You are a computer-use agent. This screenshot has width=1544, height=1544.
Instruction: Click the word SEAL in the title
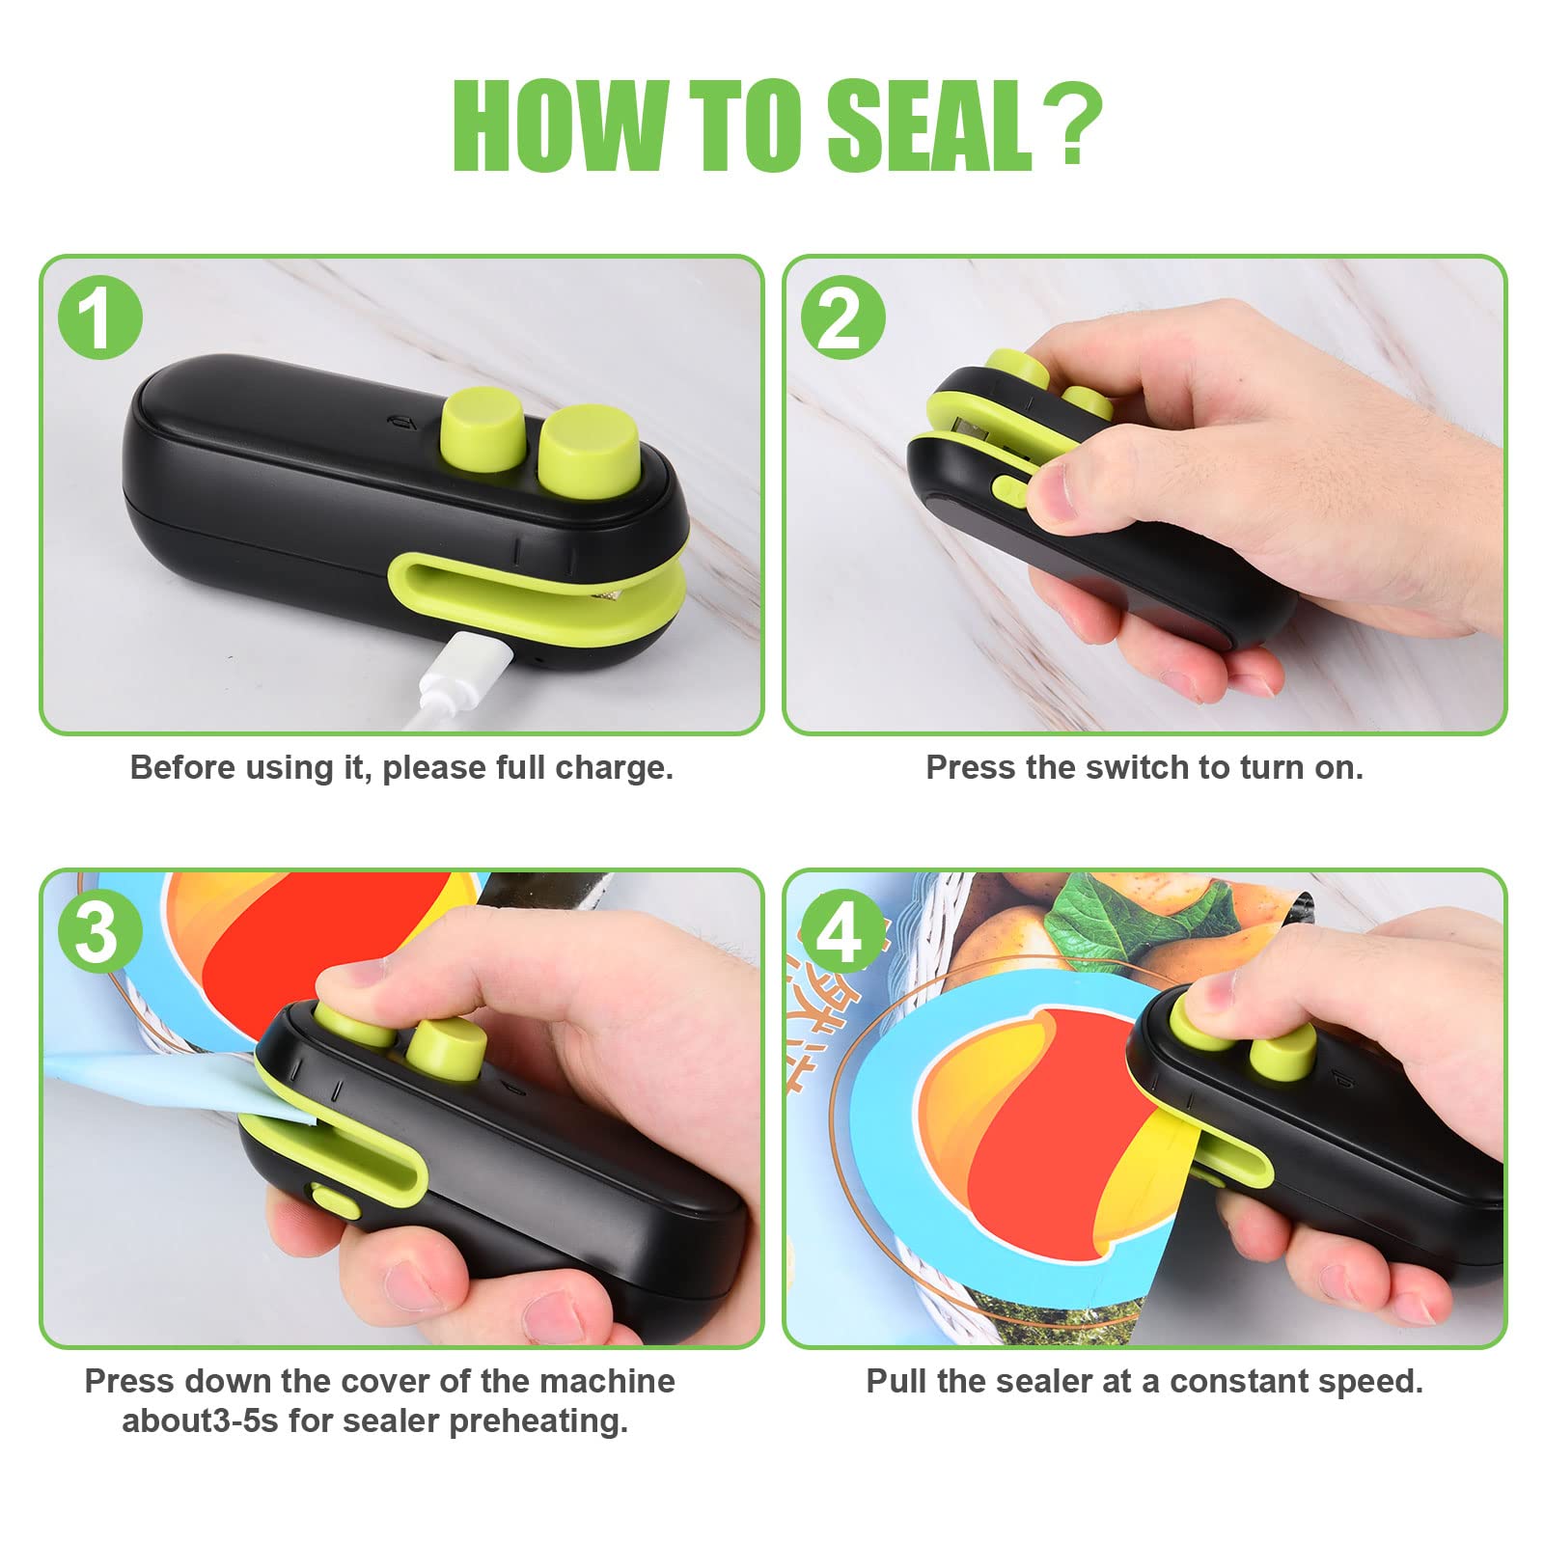click(x=929, y=125)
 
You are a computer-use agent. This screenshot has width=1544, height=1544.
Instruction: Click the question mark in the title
click(x=1071, y=125)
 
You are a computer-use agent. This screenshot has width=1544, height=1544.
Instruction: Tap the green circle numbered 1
click(x=99, y=317)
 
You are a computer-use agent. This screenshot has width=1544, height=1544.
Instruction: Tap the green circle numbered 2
click(x=842, y=317)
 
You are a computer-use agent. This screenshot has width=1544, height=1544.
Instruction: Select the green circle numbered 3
click(x=99, y=932)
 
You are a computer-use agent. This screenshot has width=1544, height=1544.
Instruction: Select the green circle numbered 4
click(x=842, y=932)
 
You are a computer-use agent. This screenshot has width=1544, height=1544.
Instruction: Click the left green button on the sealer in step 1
click(x=482, y=427)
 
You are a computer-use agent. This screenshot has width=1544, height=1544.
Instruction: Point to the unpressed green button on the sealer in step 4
click(x=1282, y=1052)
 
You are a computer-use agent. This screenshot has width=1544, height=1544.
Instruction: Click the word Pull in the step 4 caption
click(x=896, y=1381)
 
